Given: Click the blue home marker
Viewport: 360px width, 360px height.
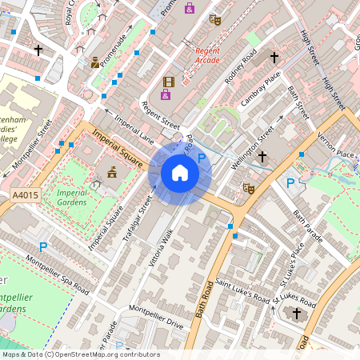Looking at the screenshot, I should click(180, 173).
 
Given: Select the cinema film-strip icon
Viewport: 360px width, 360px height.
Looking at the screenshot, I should click(168, 81).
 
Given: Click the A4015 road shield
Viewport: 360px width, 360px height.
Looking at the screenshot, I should click(26, 194).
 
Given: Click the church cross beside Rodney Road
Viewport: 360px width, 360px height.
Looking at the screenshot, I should click(274, 58).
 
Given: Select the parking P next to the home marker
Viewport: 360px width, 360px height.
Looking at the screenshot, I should click(202, 160).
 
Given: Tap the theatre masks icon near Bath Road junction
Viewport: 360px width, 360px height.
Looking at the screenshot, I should click(249, 189).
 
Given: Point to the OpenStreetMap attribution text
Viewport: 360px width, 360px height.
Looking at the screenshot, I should click(80, 354).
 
